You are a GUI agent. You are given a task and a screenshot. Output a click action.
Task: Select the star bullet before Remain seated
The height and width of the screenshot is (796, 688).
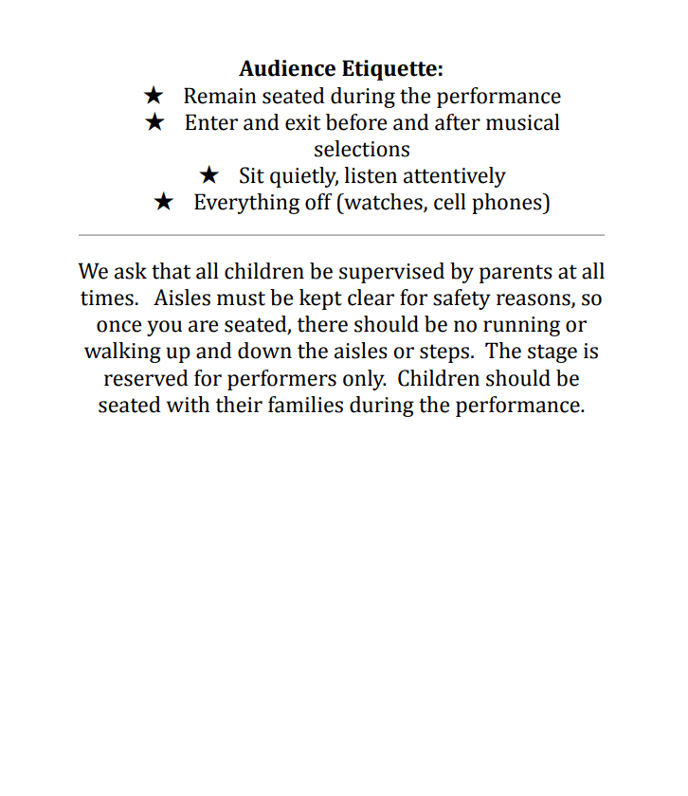[154, 96]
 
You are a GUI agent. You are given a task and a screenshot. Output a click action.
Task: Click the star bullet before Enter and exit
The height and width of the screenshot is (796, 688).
[155, 122]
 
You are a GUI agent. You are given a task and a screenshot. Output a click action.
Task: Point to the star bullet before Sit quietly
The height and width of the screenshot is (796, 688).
[209, 175]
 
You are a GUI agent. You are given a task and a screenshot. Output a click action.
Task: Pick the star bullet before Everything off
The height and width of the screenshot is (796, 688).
[164, 202]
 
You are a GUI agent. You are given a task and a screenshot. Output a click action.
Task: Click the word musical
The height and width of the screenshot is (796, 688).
[523, 122]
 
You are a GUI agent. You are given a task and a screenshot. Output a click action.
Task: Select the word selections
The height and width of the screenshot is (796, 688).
[362, 149]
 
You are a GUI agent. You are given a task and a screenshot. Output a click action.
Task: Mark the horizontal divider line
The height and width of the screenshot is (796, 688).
[341, 234]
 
